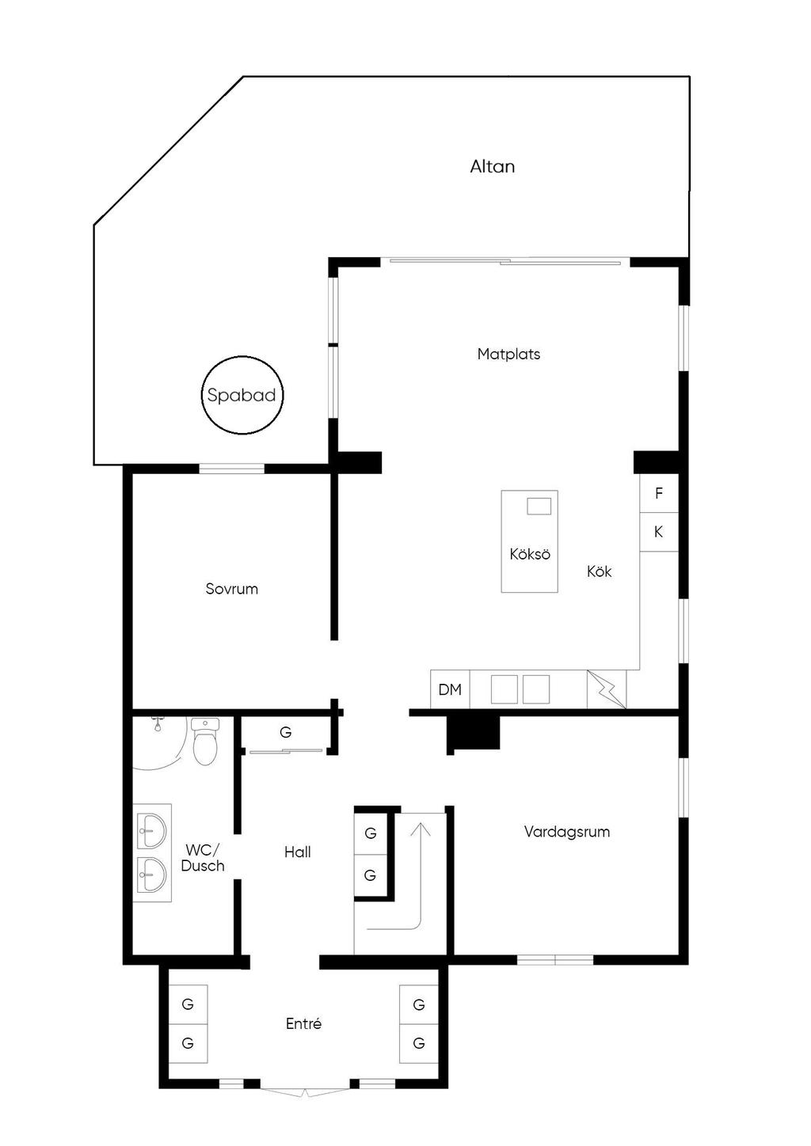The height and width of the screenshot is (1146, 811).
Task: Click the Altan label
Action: coord(492,166)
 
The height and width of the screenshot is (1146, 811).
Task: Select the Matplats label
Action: coord(508,354)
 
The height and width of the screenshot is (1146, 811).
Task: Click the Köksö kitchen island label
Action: coord(530,554)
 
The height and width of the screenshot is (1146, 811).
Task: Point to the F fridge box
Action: coord(659,494)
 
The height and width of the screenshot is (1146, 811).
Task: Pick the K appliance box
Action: coord(659,532)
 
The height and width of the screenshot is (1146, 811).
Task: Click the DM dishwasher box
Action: coord(450,689)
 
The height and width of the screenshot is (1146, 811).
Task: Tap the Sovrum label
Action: coord(231,589)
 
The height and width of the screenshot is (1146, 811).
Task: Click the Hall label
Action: coord(298,852)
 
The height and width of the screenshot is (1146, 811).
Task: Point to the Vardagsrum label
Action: coord(567,832)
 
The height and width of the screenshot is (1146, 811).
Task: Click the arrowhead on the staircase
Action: coord(421,829)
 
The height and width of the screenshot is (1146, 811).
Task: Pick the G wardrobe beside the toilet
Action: coord(286,733)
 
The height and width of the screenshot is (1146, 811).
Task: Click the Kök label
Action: coord(599,571)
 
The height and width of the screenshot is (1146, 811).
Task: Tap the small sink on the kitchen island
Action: coord(539,507)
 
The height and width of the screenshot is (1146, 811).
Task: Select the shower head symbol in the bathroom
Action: coord(158,724)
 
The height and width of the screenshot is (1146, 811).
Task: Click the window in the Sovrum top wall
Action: coord(232,468)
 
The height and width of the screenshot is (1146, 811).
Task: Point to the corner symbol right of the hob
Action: coord(607,689)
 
